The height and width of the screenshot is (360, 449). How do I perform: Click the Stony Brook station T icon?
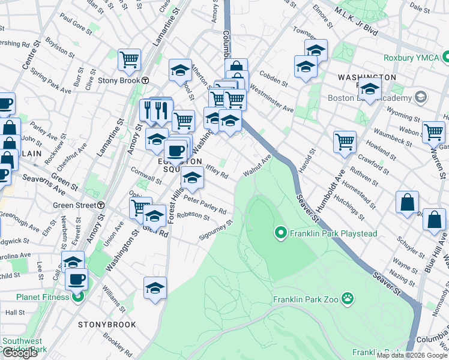(x=146, y=80)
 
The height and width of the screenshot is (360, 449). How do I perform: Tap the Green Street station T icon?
(x=101, y=205)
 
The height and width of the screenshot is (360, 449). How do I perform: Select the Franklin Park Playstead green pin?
(x=280, y=232)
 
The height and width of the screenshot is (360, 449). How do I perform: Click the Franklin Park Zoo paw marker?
(x=348, y=298)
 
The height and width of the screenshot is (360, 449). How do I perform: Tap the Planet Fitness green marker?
(x=77, y=296)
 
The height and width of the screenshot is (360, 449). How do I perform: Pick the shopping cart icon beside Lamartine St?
(x=129, y=59)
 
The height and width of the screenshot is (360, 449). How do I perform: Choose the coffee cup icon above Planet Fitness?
(x=76, y=278)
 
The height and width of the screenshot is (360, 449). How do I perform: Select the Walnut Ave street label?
(x=258, y=165)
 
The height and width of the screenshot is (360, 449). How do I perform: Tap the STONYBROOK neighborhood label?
(x=107, y=325)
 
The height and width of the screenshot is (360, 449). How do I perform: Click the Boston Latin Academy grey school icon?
(x=421, y=97)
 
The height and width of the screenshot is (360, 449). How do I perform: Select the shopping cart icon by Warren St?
(x=433, y=131)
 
